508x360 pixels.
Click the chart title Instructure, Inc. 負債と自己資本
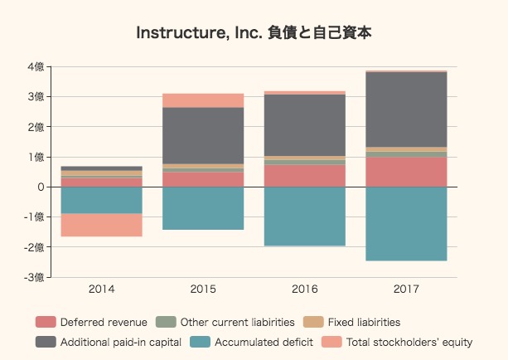click(x=254, y=33)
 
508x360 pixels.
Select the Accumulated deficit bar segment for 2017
click(x=406, y=223)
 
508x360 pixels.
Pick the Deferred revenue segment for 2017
click(x=406, y=172)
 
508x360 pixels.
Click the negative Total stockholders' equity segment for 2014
click(x=102, y=225)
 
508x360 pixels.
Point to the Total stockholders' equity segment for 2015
click(x=203, y=100)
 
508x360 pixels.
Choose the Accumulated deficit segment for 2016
click(x=305, y=216)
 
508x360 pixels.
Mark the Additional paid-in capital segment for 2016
click(x=305, y=124)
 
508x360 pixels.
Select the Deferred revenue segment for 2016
click(x=305, y=176)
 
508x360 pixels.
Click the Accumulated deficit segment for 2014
click(x=102, y=200)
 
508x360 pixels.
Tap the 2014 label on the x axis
click(x=102, y=289)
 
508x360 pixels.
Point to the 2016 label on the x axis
click(x=305, y=289)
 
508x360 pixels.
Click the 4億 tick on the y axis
click(x=36, y=67)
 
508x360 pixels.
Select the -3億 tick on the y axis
click(x=34, y=277)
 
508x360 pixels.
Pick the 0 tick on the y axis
click(x=40, y=187)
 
